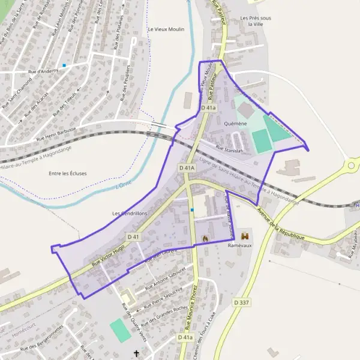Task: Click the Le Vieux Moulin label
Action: [166, 29]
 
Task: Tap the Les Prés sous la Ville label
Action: [255, 22]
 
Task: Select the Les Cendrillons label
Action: [130, 214]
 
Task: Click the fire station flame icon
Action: [205, 238]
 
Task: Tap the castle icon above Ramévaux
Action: [244, 236]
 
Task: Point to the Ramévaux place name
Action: [239, 245]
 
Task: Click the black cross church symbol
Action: [136, 353]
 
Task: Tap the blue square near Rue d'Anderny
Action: [64, 65]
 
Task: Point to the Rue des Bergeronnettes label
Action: [42, 339]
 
